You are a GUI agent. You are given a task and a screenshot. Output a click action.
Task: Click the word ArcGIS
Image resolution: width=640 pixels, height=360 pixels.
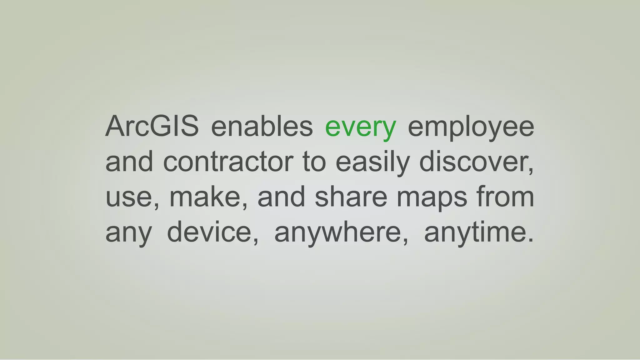click(152, 126)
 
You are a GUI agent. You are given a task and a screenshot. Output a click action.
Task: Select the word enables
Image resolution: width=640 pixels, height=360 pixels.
click(262, 126)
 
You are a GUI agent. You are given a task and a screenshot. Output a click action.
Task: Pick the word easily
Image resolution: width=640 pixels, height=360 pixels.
click(372, 162)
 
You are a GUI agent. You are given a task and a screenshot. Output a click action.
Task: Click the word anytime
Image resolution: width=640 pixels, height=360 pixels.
click(475, 233)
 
